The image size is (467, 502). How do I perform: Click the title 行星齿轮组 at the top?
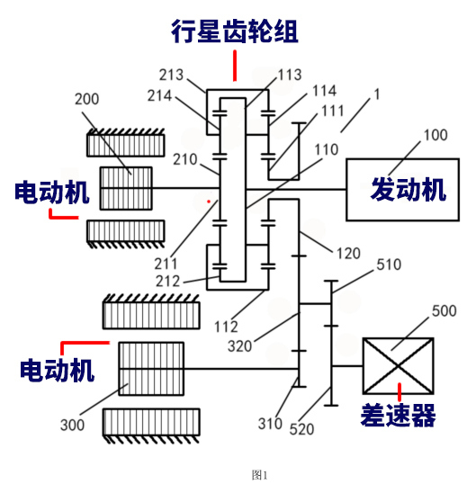[235, 31]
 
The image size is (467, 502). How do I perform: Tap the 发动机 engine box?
[402, 190]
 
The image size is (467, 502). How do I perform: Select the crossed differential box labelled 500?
[398, 365]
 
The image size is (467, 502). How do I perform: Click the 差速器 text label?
[398, 415]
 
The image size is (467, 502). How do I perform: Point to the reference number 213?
[171, 75]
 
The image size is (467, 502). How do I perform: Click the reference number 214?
[159, 95]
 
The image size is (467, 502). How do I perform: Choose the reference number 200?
[86, 99]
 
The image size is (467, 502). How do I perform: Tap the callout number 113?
[290, 75]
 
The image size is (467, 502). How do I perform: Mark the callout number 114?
[324, 91]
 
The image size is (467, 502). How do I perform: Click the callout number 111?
[332, 111]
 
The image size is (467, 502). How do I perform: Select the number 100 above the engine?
[436, 135]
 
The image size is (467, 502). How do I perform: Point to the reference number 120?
[348, 254]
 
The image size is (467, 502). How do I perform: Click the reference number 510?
[389, 264]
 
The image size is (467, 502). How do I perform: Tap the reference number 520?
[301, 429]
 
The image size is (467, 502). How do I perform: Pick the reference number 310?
[270, 424]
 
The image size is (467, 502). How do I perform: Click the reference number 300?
[72, 426]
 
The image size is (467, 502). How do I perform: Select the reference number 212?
[167, 282]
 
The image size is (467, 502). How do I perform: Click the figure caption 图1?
[259, 475]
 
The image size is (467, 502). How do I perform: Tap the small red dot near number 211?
[209, 202]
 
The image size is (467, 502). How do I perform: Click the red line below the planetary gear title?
[235, 66]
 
